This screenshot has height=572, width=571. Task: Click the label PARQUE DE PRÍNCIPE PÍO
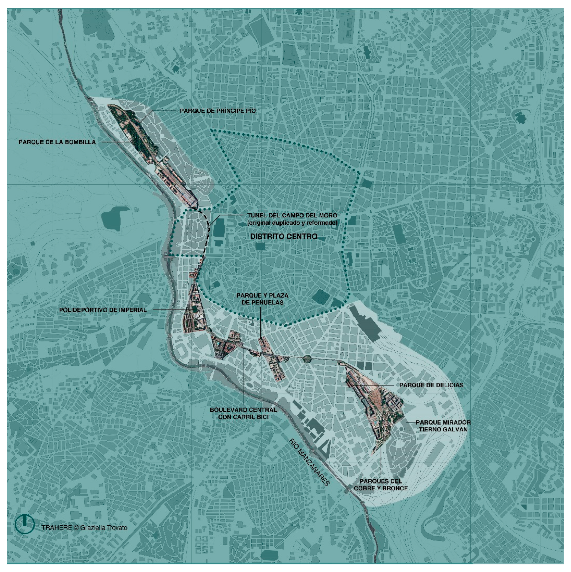pos(218,111)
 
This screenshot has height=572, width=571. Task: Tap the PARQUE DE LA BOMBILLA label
pos(57,142)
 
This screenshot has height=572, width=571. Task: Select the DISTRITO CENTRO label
pos(284,237)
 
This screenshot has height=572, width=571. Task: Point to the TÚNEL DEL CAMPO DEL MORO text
pos(292,216)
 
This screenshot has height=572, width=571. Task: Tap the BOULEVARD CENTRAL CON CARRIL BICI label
pos(243,414)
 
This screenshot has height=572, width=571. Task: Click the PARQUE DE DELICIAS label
pos(431,385)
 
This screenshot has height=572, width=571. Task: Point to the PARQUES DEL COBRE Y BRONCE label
pos(381,485)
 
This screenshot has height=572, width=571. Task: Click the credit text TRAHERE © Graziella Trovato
pos(84,527)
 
